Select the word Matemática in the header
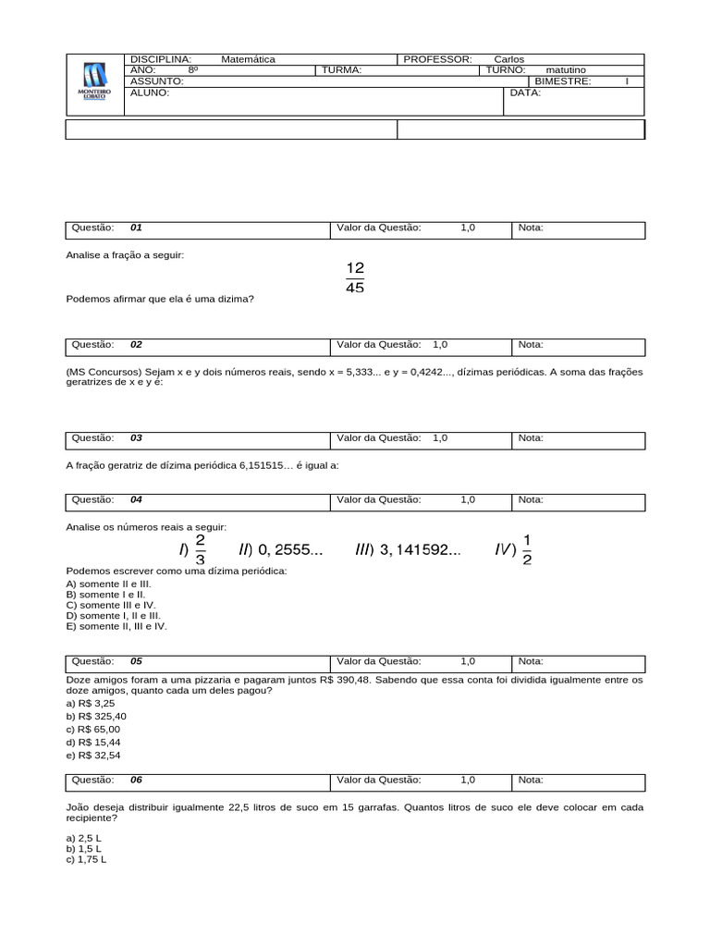248,59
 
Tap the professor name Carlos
508,59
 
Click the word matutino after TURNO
566,70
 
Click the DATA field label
525,92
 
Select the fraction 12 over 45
355,277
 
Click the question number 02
136,345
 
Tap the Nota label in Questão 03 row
531,437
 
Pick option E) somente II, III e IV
116,626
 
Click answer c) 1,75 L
86,859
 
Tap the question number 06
136,780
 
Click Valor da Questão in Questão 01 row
379,228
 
